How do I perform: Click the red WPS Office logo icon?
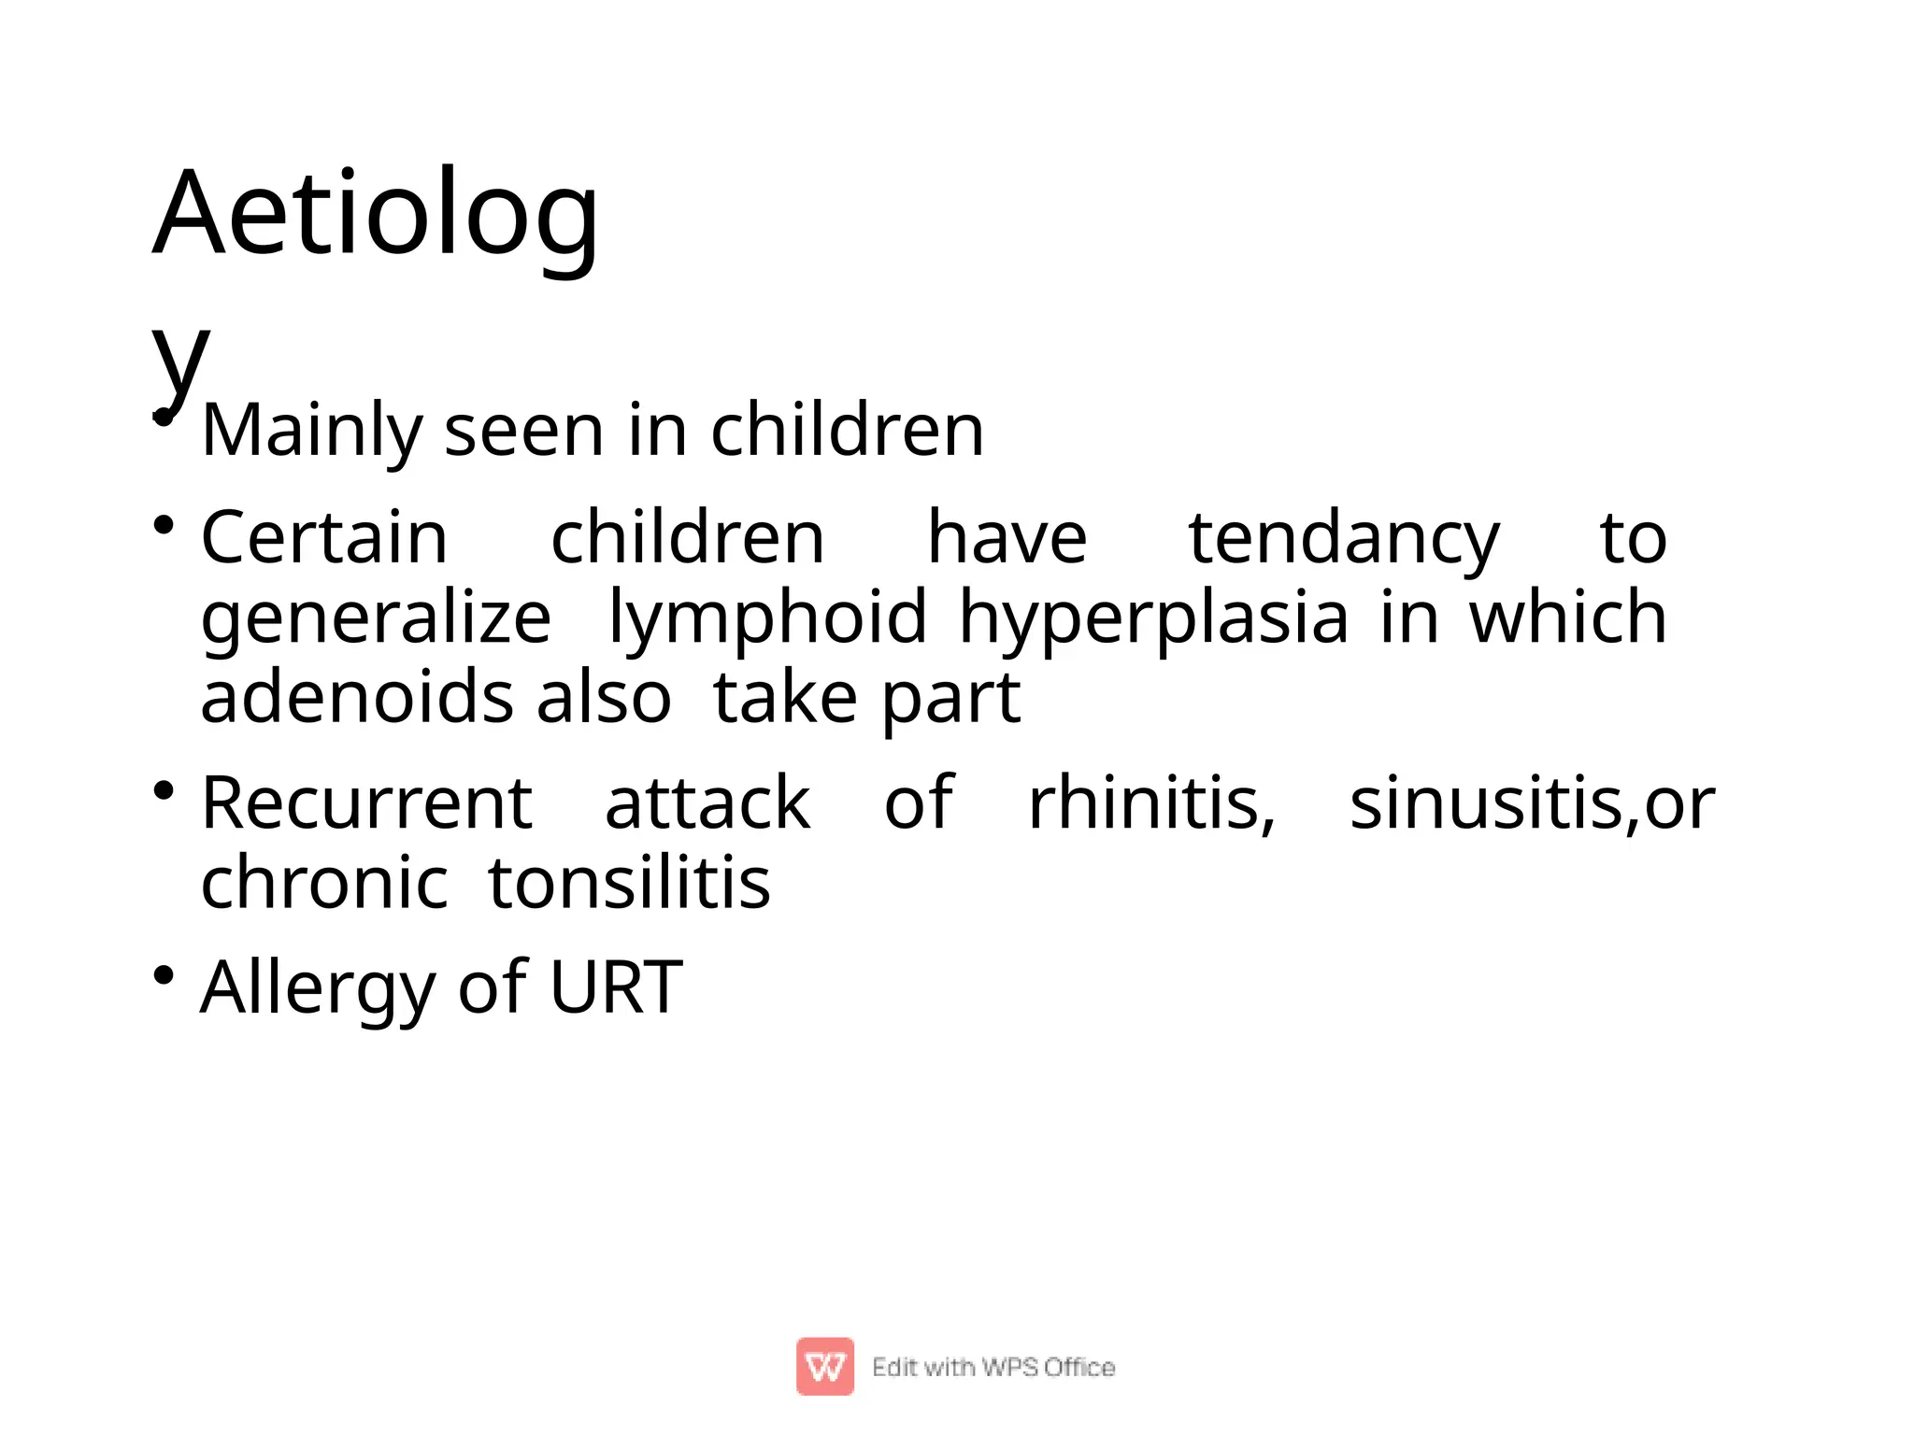click(x=824, y=1366)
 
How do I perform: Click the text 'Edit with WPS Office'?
click(x=993, y=1367)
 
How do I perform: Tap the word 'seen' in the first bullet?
click(x=523, y=432)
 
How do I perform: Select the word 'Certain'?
click(x=324, y=538)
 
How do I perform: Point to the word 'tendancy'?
click(x=1343, y=540)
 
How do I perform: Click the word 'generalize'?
click(x=376, y=618)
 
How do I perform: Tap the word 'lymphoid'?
click(x=767, y=618)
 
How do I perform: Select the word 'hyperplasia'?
click(x=1153, y=618)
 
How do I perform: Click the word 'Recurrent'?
click(x=366, y=803)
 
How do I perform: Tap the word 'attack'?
click(x=707, y=803)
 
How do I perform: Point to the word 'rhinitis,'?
click(x=1151, y=803)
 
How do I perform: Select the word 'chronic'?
click(x=324, y=883)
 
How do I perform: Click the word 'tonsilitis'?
click(x=629, y=883)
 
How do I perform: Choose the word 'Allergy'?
click(x=317, y=988)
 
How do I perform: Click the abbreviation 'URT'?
click(x=616, y=987)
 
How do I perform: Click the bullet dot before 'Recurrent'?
click(x=164, y=790)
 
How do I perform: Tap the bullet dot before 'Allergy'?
click(x=164, y=974)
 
